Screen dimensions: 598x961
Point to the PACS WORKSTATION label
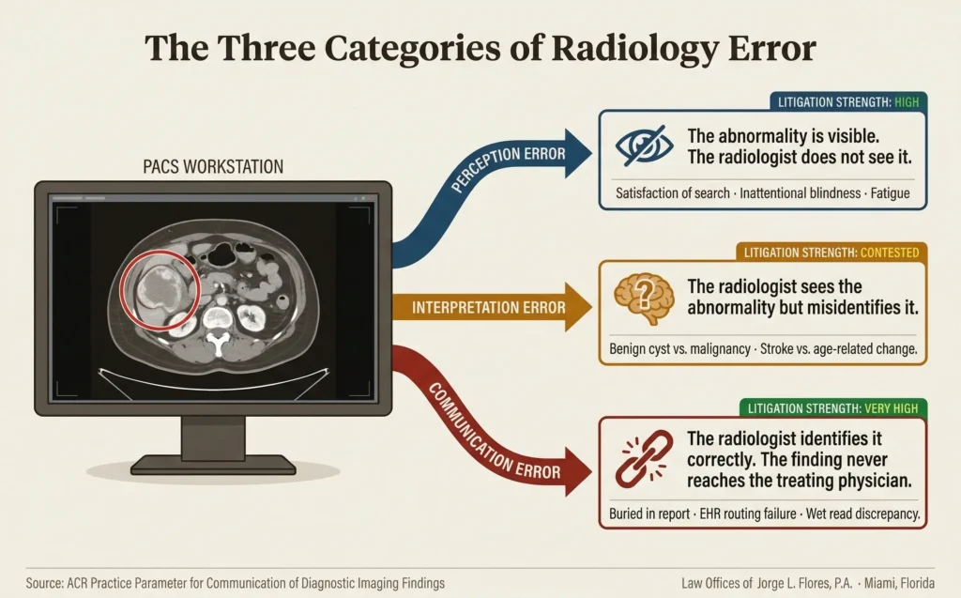(x=213, y=167)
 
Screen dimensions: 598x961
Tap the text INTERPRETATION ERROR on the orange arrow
(x=489, y=307)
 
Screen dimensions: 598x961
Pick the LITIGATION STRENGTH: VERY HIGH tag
(x=833, y=407)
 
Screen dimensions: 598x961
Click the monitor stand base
(x=212, y=463)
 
